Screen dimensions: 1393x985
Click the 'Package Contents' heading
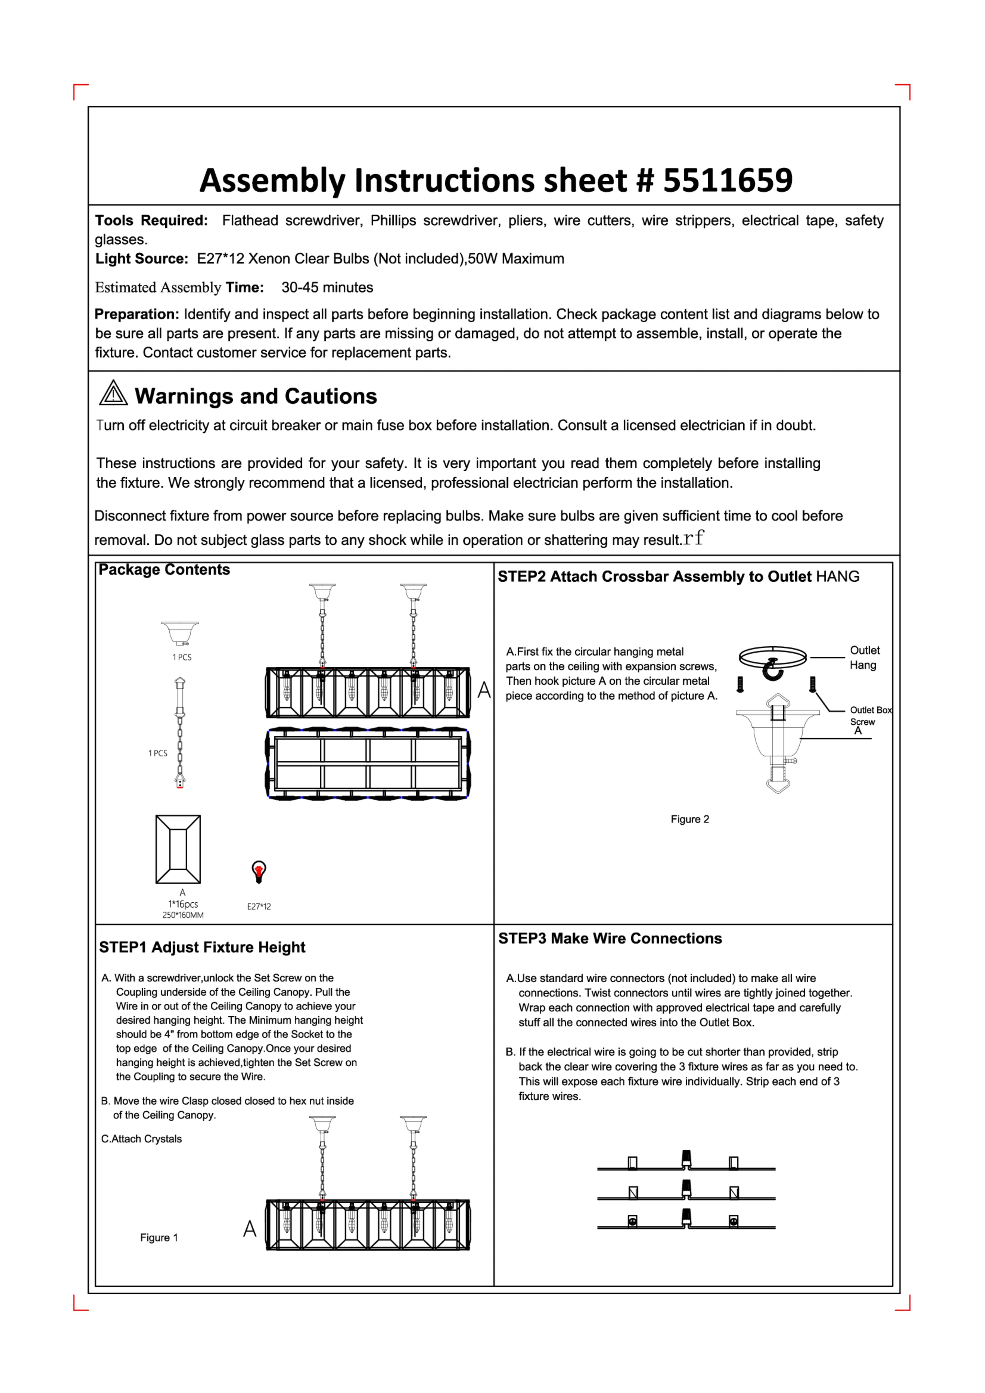164,570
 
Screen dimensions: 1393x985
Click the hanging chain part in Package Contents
180,733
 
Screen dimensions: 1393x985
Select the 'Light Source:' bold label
141,259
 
